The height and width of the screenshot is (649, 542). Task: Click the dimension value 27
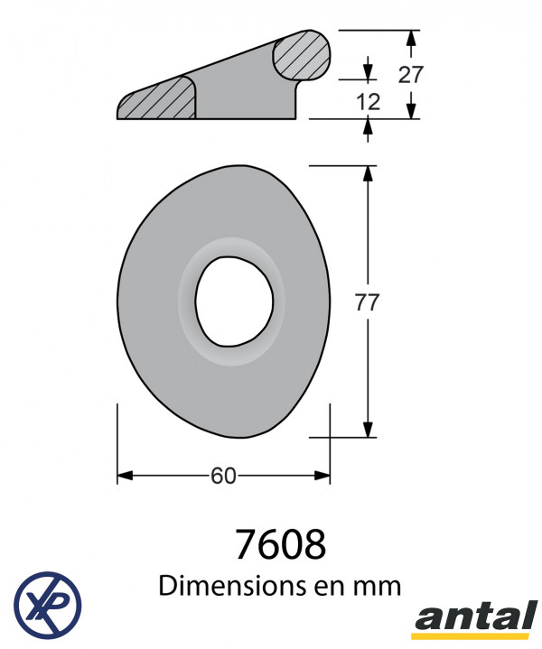(410, 75)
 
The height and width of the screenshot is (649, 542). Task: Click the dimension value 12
(368, 102)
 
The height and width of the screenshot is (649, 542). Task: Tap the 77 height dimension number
(367, 302)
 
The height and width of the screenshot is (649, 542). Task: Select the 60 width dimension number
(223, 476)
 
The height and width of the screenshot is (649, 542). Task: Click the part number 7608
(281, 544)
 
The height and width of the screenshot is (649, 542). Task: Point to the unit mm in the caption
(378, 588)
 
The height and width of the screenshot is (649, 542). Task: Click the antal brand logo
(476, 619)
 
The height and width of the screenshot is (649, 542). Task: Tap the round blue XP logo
(48, 605)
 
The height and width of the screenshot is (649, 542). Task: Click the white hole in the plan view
(235, 301)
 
